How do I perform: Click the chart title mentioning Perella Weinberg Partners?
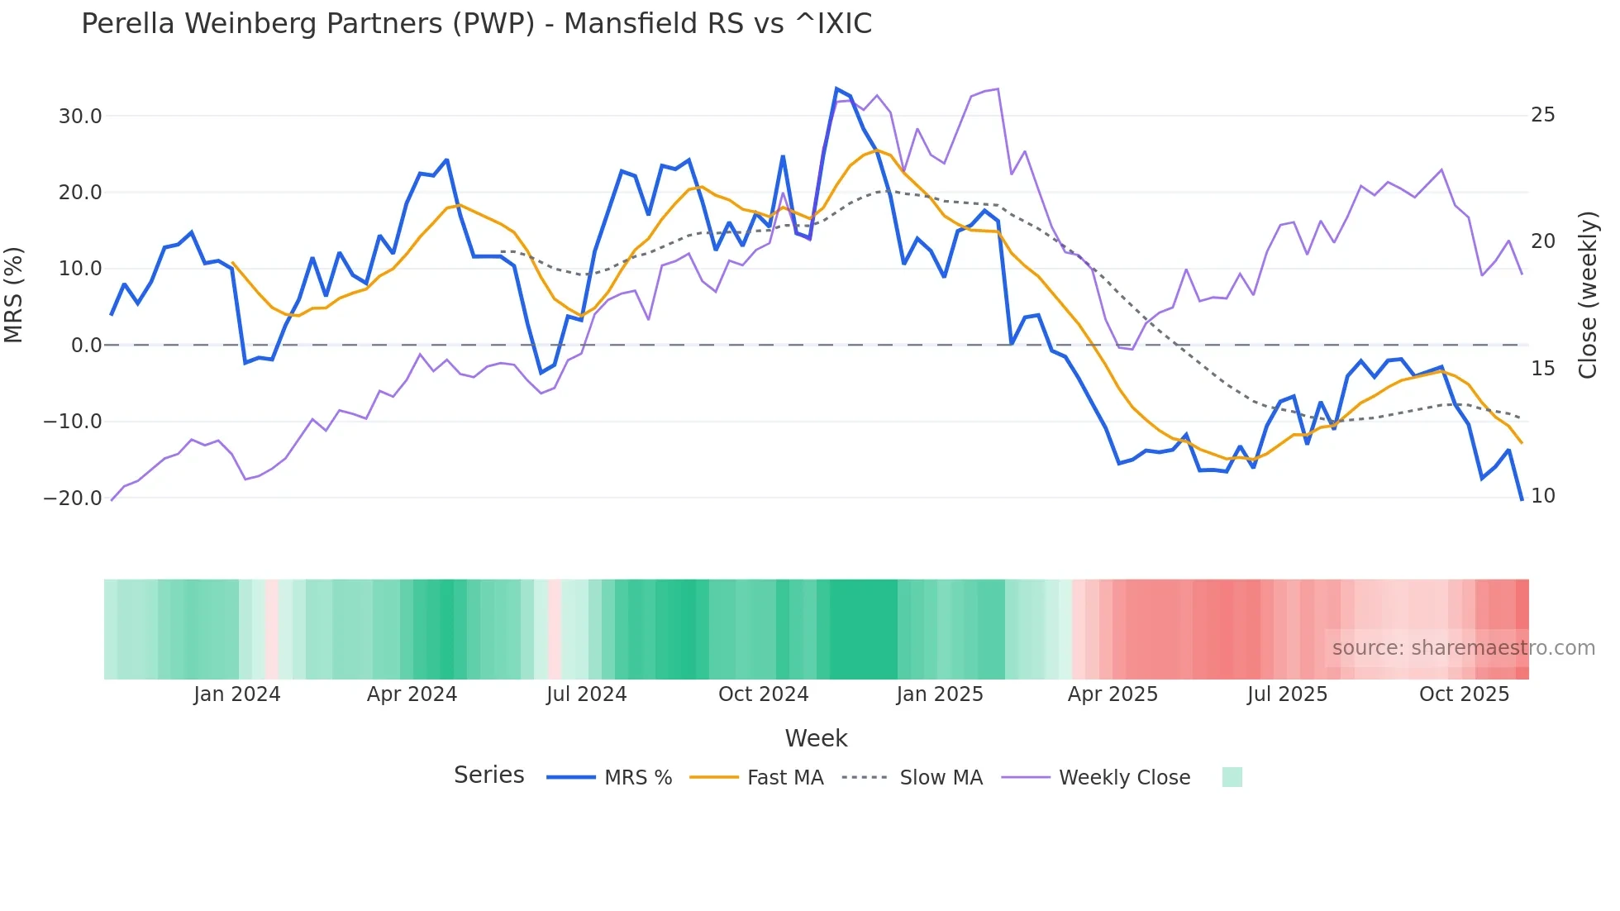click(x=476, y=24)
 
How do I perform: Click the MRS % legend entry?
click(x=637, y=778)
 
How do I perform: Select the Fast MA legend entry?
click(x=784, y=778)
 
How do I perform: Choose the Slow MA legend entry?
click(x=941, y=778)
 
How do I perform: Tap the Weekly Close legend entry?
click(x=1124, y=778)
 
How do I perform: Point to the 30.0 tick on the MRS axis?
click(x=80, y=117)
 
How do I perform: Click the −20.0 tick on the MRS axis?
click(x=73, y=498)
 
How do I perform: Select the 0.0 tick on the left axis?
click(x=86, y=346)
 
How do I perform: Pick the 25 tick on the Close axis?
click(x=1543, y=115)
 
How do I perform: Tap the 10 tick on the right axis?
click(x=1543, y=496)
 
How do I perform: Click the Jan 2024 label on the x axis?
click(x=237, y=694)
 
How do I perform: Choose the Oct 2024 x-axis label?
click(x=763, y=694)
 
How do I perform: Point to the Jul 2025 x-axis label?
click(x=1287, y=694)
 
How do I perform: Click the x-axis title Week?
click(x=816, y=738)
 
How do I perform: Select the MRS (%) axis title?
click(x=14, y=295)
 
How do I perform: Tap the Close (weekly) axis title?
click(x=1588, y=295)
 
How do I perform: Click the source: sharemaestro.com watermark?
click(x=1463, y=648)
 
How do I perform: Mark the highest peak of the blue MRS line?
click(x=836, y=88)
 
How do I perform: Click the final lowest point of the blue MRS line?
click(x=1522, y=499)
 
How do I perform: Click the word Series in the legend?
click(x=488, y=775)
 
